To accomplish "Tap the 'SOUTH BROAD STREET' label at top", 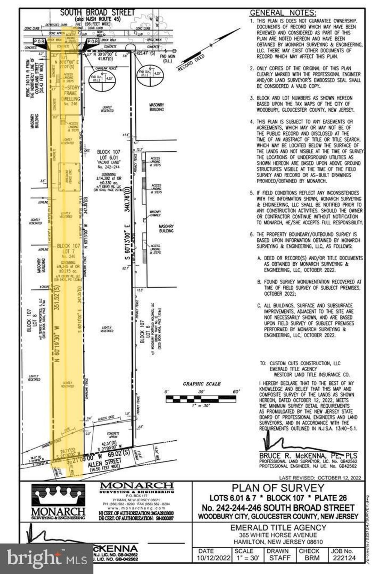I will (97, 12).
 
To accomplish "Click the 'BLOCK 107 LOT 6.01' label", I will (108, 155).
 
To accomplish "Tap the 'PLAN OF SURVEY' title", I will (278, 488).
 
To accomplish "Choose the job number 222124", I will (342, 558).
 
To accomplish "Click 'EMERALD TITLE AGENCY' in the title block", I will (278, 528).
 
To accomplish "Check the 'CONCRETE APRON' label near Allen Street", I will (113, 435).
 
